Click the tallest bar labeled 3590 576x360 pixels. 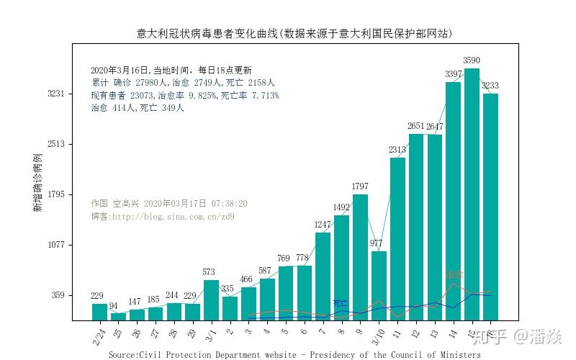472,194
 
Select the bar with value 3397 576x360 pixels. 453,202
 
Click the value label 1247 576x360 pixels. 323,225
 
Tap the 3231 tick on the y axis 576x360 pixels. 56,94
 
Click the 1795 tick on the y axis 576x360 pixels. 56,194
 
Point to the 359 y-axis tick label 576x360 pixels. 58,295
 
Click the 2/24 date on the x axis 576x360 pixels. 99,336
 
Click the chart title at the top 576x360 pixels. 294,33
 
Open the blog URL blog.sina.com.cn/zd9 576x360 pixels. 173,216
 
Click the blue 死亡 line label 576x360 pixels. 340,303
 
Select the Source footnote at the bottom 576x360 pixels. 294,355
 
